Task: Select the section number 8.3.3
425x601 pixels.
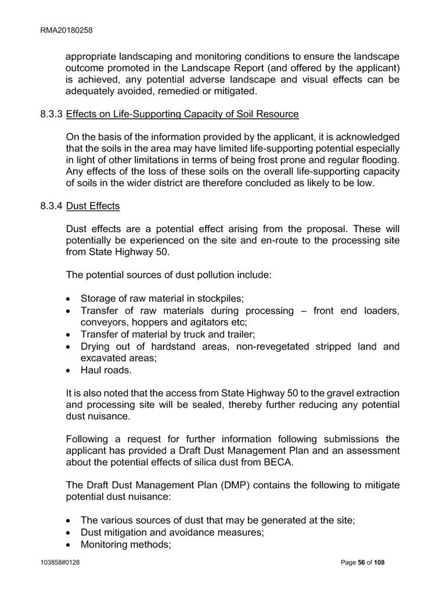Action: (x=52, y=114)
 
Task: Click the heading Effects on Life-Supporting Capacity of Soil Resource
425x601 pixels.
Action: (x=182, y=114)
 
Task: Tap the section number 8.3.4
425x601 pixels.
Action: (x=52, y=206)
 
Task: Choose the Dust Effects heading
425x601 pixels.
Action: (x=93, y=206)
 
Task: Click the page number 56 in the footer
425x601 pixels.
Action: (x=360, y=563)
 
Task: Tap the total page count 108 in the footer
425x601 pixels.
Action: (x=379, y=563)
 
